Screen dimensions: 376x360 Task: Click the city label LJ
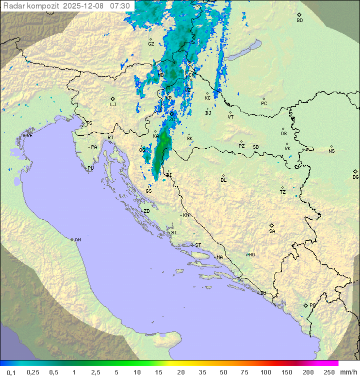click(x=113, y=105)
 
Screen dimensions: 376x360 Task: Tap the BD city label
click(x=299, y=21)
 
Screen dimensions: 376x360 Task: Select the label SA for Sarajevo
click(x=272, y=231)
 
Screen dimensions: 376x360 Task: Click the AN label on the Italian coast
click(x=77, y=240)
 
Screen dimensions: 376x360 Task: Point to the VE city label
click(x=29, y=136)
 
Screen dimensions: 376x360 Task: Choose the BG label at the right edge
click(x=355, y=177)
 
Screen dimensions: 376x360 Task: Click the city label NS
click(x=331, y=151)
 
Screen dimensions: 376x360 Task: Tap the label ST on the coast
click(x=198, y=245)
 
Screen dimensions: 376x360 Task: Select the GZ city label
click(x=151, y=44)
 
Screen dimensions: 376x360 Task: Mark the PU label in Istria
click(x=90, y=168)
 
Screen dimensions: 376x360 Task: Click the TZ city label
click(x=282, y=192)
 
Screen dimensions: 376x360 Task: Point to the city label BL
click(x=223, y=180)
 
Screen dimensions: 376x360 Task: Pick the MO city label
click(x=251, y=255)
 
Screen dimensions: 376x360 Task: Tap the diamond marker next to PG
click(x=305, y=305)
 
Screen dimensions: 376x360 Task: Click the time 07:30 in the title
click(x=120, y=6)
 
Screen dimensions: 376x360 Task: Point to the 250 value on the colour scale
click(x=329, y=372)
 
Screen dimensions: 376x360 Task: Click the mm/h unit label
click(x=347, y=372)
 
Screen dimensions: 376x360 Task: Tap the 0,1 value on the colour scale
click(x=11, y=372)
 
